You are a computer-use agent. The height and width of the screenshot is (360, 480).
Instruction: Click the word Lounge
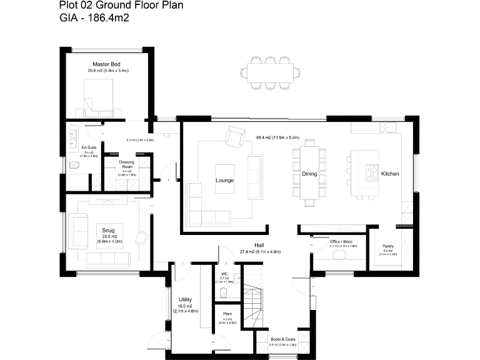[224, 181]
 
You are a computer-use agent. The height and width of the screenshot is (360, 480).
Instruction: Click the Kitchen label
[390, 173]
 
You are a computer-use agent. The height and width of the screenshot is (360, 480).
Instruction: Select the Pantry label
[387, 246]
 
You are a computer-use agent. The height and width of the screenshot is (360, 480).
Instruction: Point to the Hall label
[259, 246]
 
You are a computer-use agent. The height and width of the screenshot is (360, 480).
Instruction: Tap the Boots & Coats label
[283, 339]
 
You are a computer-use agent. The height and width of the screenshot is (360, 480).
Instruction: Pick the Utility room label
[185, 299]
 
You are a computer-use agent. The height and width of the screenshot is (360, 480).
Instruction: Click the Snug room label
[109, 230]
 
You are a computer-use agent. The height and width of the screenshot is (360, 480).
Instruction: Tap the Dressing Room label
[127, 165]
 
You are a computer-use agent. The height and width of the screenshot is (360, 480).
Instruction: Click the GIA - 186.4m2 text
[93, 19]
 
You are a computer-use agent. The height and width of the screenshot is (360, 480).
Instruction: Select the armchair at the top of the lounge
[235, 136]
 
